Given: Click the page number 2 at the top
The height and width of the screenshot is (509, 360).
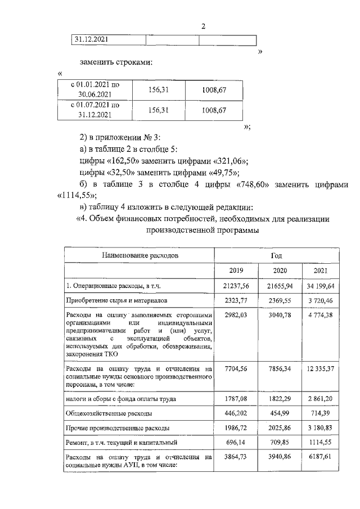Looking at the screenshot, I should pyautogui.click(x=204, y=26).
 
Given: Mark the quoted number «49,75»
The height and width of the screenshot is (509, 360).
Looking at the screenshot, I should pyautogui.click(x=221, y=173).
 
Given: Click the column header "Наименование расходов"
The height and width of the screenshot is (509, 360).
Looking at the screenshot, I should pyautogui.click(x=139, y=255).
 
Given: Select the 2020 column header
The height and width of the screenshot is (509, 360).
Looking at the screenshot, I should pyautogui.click(x=280, y=270).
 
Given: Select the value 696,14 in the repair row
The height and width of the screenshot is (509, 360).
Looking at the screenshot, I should pyautogui.click(x=236, y=443).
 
